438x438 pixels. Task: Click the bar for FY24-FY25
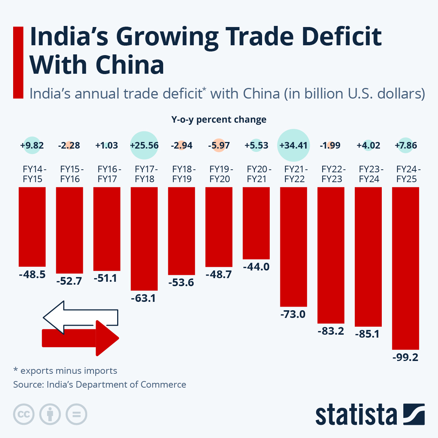tap(406, 268)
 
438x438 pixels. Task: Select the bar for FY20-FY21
tap(256, 223)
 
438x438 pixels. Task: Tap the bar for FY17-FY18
tap(144, 239)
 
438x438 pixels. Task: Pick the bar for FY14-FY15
tap(32, 227)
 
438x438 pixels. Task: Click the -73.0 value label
tap(293, 314)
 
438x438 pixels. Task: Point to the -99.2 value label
tap(405, 357)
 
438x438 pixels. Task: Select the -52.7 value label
tap(69, 281)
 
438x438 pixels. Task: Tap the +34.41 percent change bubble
tap(293, 145)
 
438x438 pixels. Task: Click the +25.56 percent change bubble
tap(144, 145)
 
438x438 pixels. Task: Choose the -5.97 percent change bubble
tap(219, 145)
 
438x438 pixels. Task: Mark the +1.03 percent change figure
tap(107, 145)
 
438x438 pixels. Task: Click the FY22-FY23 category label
tap(332, 174)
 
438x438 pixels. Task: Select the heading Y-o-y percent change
tap(219, 120)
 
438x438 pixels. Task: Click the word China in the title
tap(130, 65)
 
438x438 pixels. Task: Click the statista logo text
tap(356, 415)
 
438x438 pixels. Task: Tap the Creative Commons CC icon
tap(24, 415)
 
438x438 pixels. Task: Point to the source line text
tap(100, 384)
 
